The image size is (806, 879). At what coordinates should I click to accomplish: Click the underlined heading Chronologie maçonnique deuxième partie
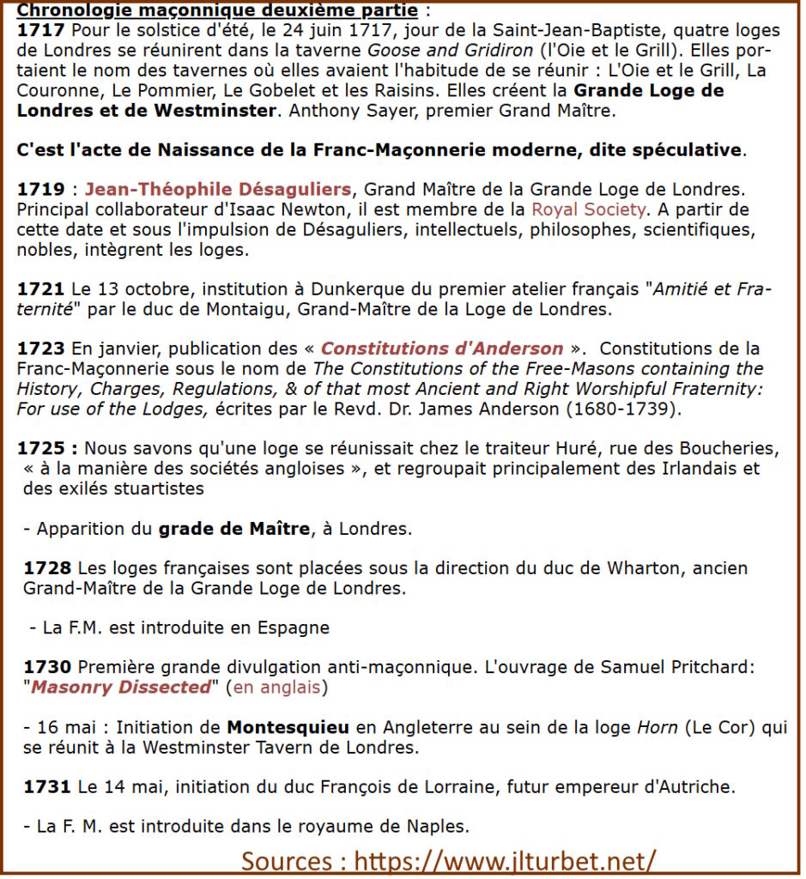(x=217, y=11)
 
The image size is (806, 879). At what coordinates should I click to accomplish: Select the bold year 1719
(x=39, y=190)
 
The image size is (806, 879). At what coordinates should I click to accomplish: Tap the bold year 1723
(x=39, y=349)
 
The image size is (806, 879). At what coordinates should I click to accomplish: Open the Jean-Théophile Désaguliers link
(x=218, y=190)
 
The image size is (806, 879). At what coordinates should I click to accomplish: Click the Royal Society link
(x=588, y=209)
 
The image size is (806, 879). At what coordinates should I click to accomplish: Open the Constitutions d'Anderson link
(x=442, y=349)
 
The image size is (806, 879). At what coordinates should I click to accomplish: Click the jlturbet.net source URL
(x=506, y=859)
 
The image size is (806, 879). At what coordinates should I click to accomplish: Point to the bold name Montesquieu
(x=288, y=728)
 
